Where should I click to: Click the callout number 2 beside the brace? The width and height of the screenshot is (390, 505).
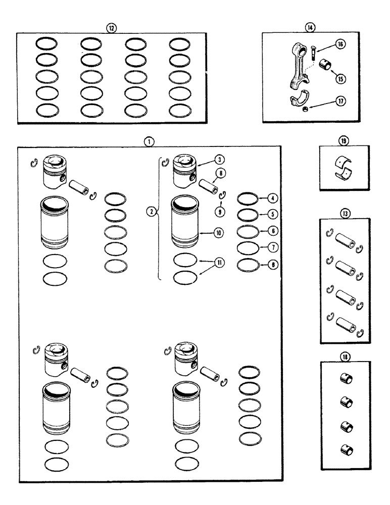pos(150,213)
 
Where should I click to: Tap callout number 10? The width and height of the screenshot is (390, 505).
pos(219,233)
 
